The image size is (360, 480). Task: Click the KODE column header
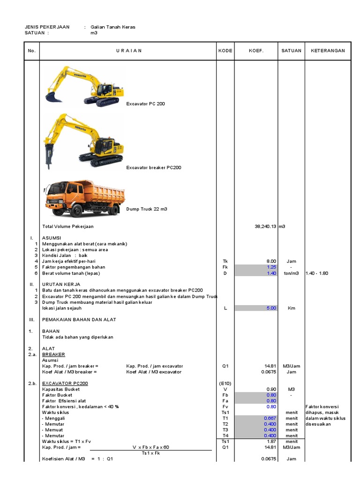pyautogui.click(x=225, y=51)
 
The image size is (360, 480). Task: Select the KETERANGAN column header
pyautogui.click(x=328, y=51)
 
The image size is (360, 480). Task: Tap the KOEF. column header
pyautogui.click(x=256, y=51)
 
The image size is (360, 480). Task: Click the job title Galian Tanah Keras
pyautogui.click(x=112, y=27)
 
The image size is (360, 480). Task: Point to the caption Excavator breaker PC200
pyautogui.click(x=153, y=167)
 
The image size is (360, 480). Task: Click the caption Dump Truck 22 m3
pyautogui.click(x=146, y=209)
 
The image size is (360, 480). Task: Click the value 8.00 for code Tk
pyautogui.click(x=271, y=261)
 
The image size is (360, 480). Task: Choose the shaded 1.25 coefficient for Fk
pyautogui.click(x=271, y=267)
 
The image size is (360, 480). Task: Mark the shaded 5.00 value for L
pyautogui.click(x=271, y=308)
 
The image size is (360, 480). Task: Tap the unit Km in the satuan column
pyautogui.click(x=291, y=308)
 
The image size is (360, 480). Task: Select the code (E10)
pyautogui.click(x=225, y=383)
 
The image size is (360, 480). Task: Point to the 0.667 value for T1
pyautogui.click(x=270, y=418)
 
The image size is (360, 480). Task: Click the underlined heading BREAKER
pyautogui.click(x=53, y=354)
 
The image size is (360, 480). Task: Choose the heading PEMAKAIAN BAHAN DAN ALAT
pyautogui.click(x=79, y=320)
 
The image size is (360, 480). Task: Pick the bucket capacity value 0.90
pyautogui.click(x=271, y=389)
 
